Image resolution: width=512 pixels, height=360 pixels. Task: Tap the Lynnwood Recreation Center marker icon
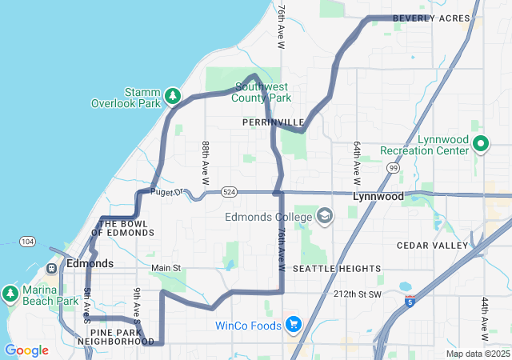(x=481, y=144)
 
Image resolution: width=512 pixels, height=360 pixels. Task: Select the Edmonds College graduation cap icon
(x=325, y=216)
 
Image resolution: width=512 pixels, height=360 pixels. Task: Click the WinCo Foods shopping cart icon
(x=294, y=325)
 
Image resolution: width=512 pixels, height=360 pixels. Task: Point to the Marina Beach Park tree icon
(x=10, y=294)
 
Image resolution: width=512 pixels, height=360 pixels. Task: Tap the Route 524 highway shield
(x=230, y=193)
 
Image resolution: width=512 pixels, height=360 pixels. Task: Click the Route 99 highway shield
(x=393, y=168)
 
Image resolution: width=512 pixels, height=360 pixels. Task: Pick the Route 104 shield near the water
(x=28, y=241)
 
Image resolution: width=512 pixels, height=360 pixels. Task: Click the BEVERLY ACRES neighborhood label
(x=431, y=18)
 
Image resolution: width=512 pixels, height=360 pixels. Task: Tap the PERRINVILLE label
(x=273, y=122)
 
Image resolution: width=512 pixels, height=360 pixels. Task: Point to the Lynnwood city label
(x=377, y=195)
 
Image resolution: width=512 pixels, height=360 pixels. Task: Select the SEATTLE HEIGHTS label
(x=334, y=268)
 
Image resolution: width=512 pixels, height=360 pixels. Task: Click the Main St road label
(x=166, y=267)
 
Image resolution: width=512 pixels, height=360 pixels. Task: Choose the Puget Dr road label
(x=168, y=191)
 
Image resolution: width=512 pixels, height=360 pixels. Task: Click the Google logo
(x=26, y=350)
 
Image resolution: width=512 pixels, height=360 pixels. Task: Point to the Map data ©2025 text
(x=477, y=354)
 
